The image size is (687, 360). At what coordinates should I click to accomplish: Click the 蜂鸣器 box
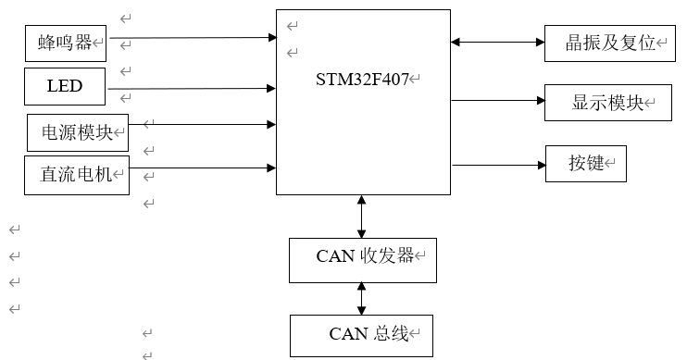tap(66, 43)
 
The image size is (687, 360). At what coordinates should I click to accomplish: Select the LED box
tap(65, 87)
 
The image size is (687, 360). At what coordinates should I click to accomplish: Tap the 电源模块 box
tap(77, 132)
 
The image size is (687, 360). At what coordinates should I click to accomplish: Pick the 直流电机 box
tap(75, 174)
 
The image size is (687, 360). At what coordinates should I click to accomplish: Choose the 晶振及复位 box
tap(607, 43)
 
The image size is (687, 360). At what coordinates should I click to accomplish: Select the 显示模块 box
tap(607, 103)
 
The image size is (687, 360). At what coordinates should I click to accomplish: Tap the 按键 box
tap(585, 164)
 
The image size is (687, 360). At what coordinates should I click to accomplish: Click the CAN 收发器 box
tap(362, 258)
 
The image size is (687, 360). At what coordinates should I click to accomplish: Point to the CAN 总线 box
tap(361, 334)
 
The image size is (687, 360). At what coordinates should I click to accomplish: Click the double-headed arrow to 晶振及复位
tap(497, 42)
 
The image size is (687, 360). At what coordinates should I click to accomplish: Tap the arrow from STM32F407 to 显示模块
tap(497, 99)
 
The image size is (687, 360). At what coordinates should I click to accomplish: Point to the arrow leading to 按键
tap(497, 166)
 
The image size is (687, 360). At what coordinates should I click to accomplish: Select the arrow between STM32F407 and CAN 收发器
tap(361, 217)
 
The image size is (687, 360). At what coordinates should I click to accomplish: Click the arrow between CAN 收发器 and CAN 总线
tap(361, 298)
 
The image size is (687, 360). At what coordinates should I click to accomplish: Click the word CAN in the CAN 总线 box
tap(344, 334)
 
